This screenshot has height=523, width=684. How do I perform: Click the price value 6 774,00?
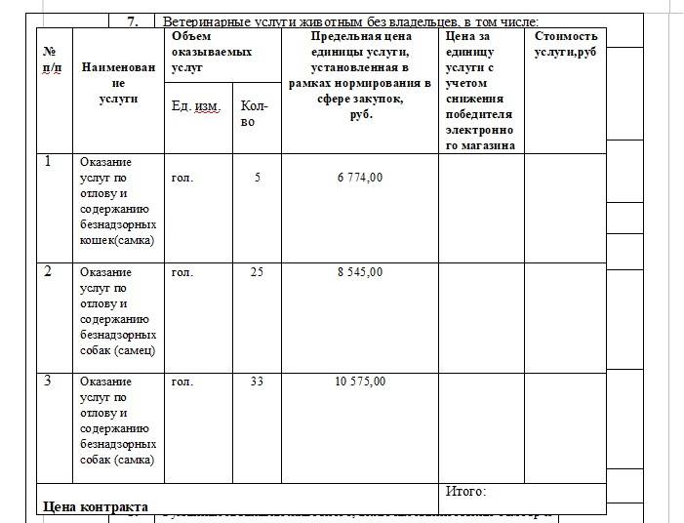pos(359,178)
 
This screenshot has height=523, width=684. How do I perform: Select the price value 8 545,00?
pos(359,272)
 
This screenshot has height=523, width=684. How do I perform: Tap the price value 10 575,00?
pos(359,382)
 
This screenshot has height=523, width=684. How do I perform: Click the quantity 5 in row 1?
pos(257,178)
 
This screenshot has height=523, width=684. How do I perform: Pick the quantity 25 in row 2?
pos(257,272)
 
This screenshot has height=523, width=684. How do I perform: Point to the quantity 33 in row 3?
pos(257,382)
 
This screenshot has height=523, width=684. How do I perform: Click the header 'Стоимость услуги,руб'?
pos(565,44)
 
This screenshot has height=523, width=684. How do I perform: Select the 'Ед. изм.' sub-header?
pos(195,105)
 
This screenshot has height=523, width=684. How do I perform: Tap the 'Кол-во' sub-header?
pos(253,113)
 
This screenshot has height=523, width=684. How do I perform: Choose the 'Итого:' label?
pos(465,491)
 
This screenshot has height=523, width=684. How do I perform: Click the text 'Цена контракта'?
pos(96,506)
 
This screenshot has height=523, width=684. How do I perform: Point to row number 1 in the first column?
pos(48,161)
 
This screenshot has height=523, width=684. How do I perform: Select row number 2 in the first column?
pos(48,271)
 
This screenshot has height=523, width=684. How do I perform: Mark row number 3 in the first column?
pos(48,381)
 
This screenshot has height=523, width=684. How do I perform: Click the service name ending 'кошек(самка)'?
pos(118,201)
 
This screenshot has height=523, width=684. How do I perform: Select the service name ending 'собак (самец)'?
pos(118,311)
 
